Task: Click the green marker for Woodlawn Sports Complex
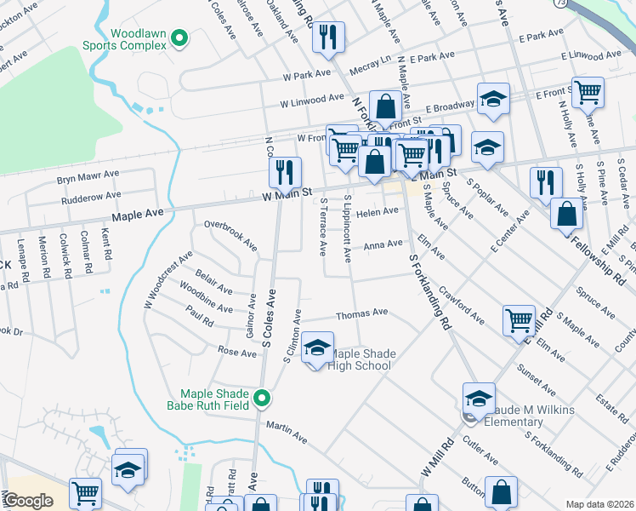coord(179,37)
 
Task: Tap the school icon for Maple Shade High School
coord(316,347)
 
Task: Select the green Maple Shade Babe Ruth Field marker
coord(264,398)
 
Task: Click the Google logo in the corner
coord(27,501)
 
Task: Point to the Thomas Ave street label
coord(361,315)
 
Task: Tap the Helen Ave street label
coord(378,212)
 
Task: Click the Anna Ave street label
coord(383,244)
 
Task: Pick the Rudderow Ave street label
coord(90,200)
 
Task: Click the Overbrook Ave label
coord(230,235)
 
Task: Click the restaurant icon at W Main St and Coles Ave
coord(285,172)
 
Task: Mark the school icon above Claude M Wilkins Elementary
coord(479,398)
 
